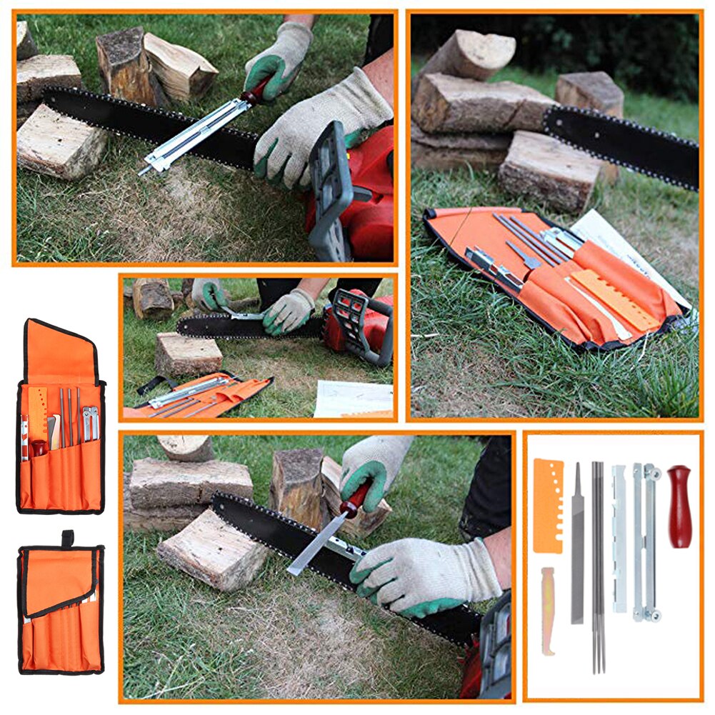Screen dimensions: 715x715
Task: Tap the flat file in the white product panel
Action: tap(577, 543)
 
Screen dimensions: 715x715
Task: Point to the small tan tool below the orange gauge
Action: tap(547, 610)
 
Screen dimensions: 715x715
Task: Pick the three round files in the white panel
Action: tap(598, 564)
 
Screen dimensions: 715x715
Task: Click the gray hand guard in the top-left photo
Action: tap(331, 189)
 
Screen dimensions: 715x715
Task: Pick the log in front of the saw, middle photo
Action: tap(189, 353)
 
